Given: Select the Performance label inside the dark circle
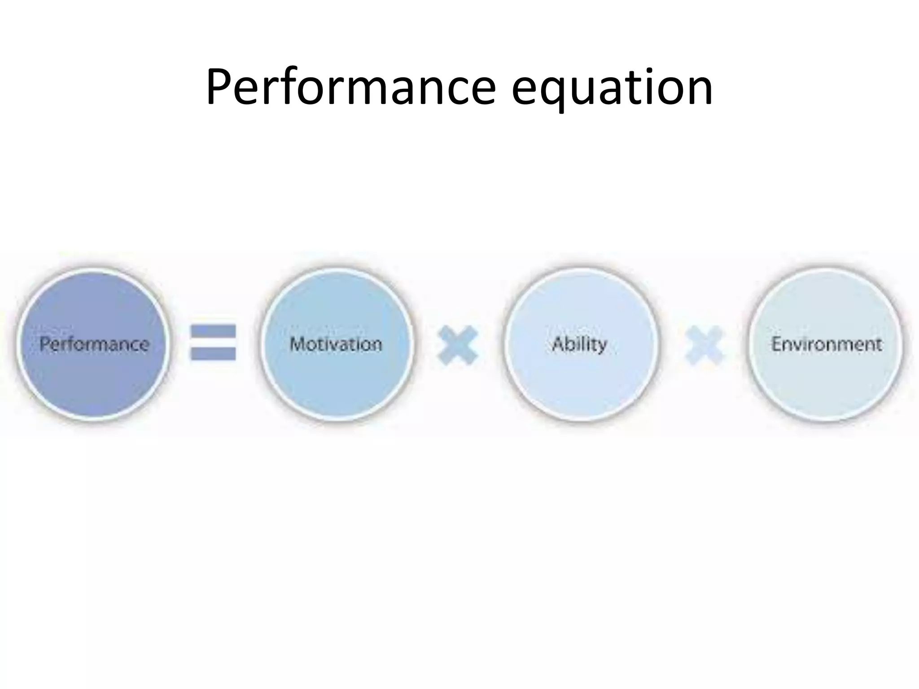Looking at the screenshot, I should [x=94, y=344].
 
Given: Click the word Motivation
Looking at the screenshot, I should [x=336, y=344].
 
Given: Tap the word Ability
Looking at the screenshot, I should [x=579, y=344].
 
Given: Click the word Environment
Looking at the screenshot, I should [x=826, y=344].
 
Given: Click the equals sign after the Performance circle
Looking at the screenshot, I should [x=213, y=343].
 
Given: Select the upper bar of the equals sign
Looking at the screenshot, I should [x=213, y=332].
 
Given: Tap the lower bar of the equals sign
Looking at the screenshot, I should [x=213, y=353].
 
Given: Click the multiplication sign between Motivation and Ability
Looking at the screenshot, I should [x=458, y=345].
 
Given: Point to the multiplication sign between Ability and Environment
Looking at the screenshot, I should [x=704, y=345].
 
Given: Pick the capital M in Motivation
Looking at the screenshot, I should [x=298, y=344].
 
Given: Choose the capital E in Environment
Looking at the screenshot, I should [x=776, y=344].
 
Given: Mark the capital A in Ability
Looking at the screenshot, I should [x=558, y=344].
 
